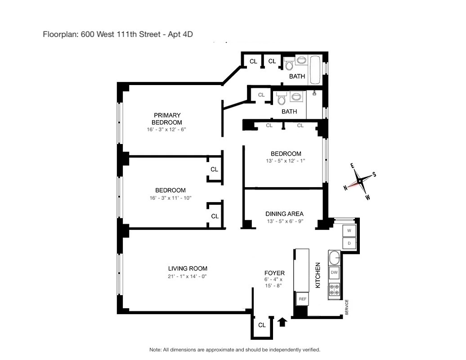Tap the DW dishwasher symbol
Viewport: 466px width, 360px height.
point(334,272)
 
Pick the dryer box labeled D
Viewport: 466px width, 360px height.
point(349,244)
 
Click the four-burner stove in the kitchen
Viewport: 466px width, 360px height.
point(334,289)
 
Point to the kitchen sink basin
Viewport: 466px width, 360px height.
point(334,258)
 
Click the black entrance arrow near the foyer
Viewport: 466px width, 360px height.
point(282,322)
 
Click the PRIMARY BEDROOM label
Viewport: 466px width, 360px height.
point(166,119)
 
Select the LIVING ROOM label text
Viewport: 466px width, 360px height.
point(188,269)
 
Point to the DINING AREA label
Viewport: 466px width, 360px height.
point(284,214)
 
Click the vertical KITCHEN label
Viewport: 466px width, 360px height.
point(318,275)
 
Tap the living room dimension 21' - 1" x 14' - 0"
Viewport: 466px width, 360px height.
point(188,276)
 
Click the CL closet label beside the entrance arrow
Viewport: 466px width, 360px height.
point(262,325)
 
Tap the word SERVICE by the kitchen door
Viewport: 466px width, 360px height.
point(347,308)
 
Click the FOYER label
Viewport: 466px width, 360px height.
point(274,273)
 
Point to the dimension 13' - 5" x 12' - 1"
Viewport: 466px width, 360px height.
point(286,161)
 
